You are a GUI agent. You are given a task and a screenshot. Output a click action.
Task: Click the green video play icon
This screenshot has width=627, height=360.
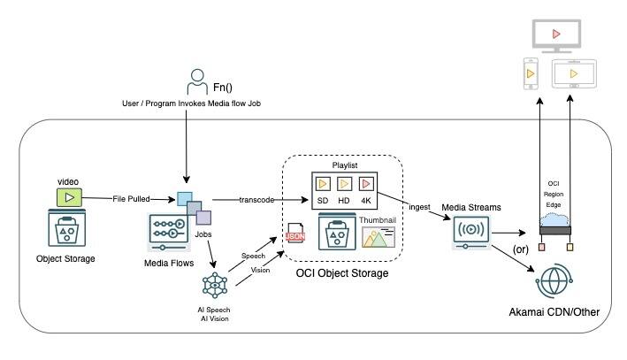coord(68,196)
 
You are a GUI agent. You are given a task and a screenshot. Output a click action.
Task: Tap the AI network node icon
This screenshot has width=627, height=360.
coord(215,286)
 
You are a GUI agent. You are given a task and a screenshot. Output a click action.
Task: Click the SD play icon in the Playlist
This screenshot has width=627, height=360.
coord(325,185)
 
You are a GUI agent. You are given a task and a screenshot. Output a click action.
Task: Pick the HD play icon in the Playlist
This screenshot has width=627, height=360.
coord(344,185)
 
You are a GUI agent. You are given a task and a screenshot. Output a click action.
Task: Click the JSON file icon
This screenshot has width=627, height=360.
coord(296,234)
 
